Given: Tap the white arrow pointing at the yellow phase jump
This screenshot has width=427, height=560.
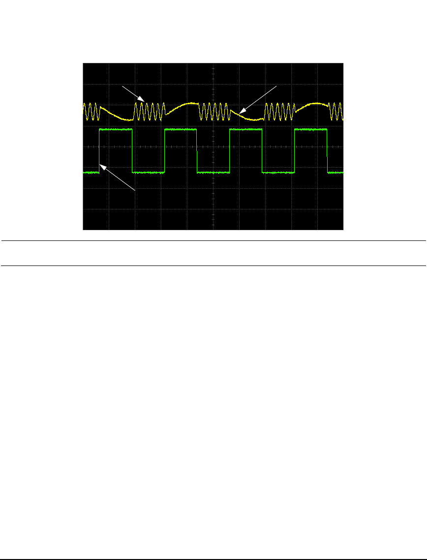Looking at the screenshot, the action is coord(257,99).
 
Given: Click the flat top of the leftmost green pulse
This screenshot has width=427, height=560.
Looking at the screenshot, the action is coord(116,129).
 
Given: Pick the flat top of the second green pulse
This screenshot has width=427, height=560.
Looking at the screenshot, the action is coord(181,129).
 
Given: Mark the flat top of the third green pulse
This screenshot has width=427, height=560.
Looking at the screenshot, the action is coord(245,129).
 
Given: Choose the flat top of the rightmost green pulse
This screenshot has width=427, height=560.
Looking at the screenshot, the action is coord(310,129).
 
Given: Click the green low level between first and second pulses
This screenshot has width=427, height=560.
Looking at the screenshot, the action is coord(148,173).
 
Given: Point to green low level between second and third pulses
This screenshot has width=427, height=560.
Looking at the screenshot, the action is coord(213,173).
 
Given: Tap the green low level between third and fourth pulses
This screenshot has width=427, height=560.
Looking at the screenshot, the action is coord(278,173).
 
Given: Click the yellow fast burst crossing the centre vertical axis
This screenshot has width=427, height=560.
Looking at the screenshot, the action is coord(213,111).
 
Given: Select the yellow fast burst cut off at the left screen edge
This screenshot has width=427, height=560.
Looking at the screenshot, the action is coord(91,112).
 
